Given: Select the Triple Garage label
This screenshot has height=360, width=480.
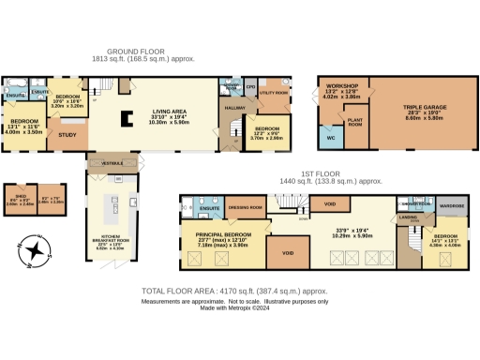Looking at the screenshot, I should [x=426, y=110].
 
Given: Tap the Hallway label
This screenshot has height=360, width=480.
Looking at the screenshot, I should [x=234, y=110].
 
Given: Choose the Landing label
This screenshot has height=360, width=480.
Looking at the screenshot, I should [x=408, y=218].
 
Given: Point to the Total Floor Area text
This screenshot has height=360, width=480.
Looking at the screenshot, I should [x=233, y=292].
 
